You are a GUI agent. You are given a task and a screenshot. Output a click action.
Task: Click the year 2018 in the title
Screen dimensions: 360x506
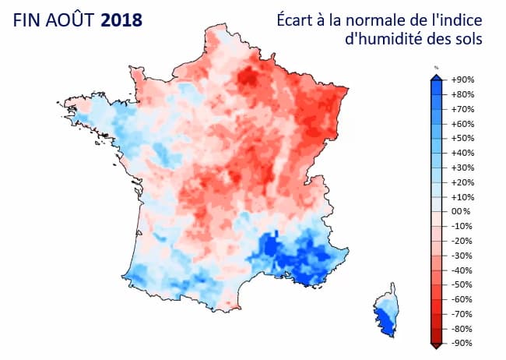(122, 19)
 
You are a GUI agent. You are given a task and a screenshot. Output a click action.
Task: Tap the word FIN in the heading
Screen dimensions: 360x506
(28, 19)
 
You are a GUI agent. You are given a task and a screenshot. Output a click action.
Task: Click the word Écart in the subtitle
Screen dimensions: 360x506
(297, 19)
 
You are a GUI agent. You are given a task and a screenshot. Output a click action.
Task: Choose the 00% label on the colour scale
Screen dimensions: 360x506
(462, 211)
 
